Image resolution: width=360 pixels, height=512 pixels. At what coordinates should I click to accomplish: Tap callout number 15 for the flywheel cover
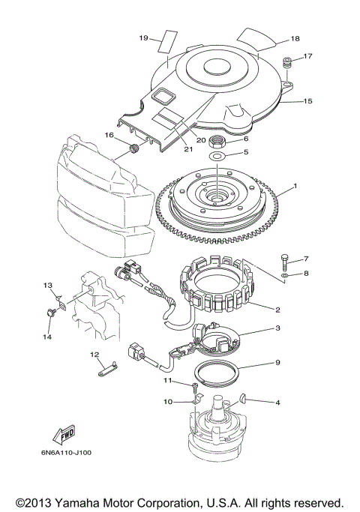pos(307,100)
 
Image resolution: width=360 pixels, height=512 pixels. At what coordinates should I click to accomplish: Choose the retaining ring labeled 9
pos(217,370)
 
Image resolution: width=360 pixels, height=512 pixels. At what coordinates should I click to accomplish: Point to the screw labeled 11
pos(194,387)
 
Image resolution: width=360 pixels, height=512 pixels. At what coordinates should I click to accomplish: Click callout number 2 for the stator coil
pos(277,309)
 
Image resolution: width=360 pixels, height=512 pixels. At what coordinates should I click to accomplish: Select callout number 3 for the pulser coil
pos(277,328)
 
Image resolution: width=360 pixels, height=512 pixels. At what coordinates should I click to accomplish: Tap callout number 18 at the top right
pos(294,37)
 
